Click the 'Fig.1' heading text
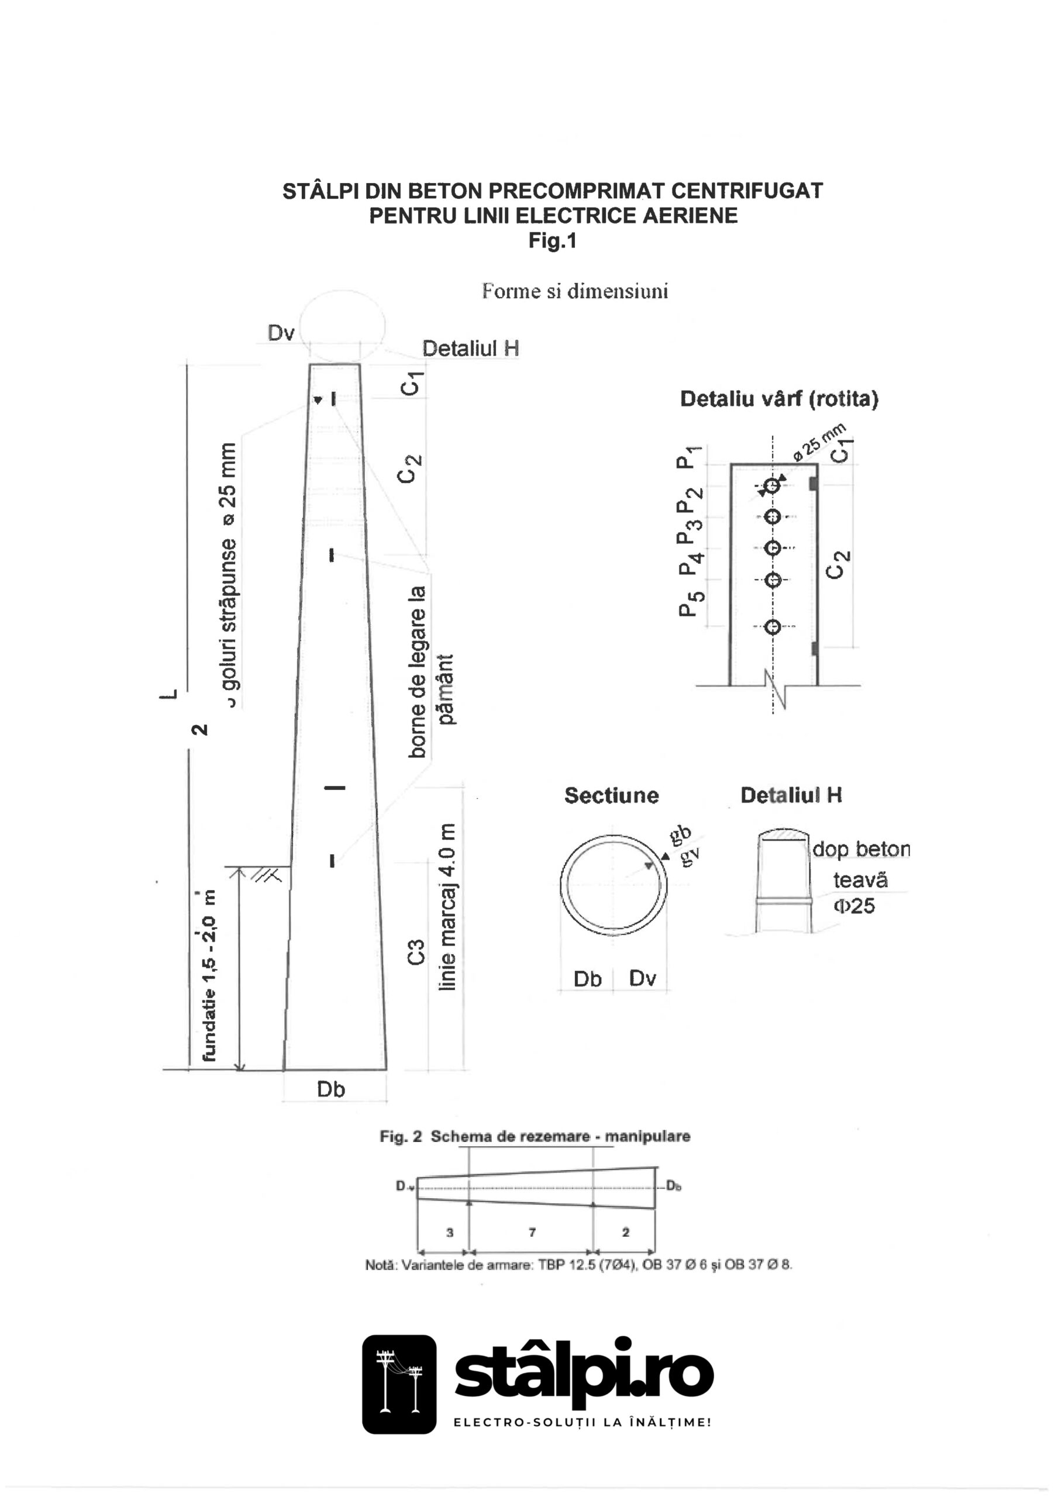click(552, 242)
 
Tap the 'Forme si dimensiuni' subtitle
click(575, 291)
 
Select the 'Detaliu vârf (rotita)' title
click(779, 398)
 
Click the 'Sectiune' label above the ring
click(611, 795)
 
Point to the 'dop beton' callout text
click(861, 849)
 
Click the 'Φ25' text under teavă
click(854, 906)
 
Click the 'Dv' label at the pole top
click(281, 333)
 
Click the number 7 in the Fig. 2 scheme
click(532, 1232)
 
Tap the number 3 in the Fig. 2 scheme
click(449, 1232)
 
